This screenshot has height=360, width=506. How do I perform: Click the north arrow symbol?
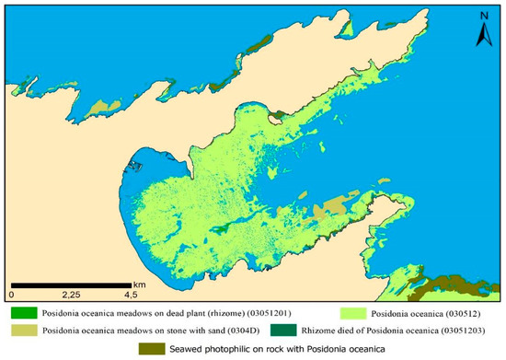pyautogui.click(x=479, y=36)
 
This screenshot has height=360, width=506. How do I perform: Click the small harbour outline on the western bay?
pyautogui.click(x=136, y=168)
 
